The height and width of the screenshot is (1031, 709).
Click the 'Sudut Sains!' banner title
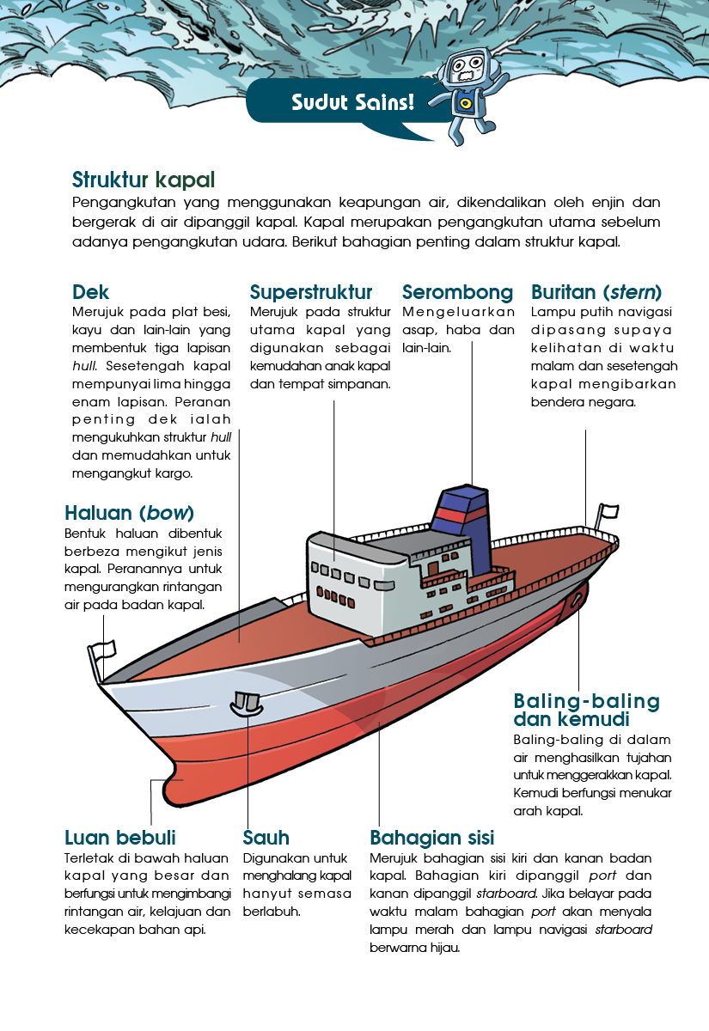pos(352,101)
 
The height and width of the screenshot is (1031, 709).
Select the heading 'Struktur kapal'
pos(144,180)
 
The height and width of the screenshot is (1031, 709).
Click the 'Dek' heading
pos(90,292)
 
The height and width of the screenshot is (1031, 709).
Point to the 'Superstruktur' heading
pos(311,292)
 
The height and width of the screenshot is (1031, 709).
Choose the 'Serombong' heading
pos(457,292)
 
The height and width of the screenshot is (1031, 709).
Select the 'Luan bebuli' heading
pos(120,838)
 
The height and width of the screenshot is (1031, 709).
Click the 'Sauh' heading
pos(266,838)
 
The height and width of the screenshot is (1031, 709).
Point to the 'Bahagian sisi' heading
pos(431,838)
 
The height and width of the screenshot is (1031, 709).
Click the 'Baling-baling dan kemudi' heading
pos(586,710)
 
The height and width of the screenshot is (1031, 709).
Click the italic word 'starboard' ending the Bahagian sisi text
pos(624,930)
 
